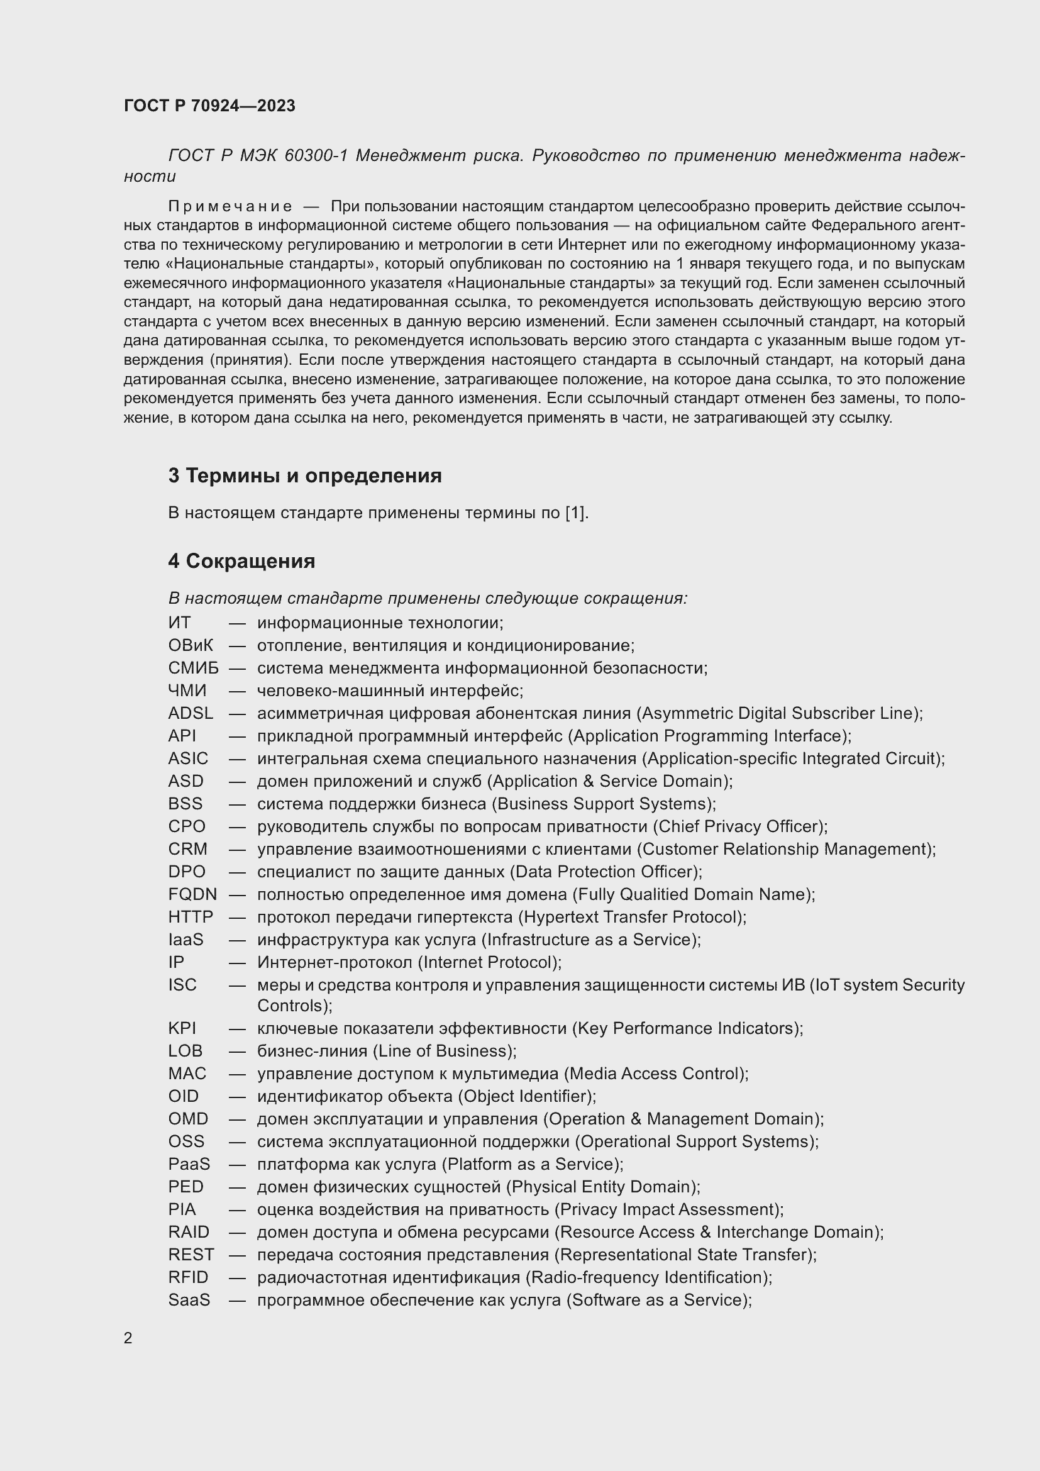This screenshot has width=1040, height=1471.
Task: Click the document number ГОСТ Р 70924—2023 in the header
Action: pyautogui.click(x=209, y=106)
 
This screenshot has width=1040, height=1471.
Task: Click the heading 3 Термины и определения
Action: pyautogui.click(x=305, y=475)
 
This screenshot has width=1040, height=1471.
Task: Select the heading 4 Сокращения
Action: pyautogui.click(x=241, y=560)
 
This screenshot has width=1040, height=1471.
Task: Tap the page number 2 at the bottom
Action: pyautogui.click(x=128, y=1338)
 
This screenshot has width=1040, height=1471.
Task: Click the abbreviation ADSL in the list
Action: pyautogui.click(x=190, y=713)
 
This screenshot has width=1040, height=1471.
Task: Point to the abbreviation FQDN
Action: pyautogui.click(x=192, y=894)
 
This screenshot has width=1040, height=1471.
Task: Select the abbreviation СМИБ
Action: pyautogui.click(x=194, y=668)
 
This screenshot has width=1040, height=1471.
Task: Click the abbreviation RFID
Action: pyautogui.click(x=188, y=1277)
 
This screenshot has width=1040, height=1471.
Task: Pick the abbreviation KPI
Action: pyautogui.click(x=182, y=1028)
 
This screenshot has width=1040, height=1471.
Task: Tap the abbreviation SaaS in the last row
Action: pyautogui.click(x=189, y=1299)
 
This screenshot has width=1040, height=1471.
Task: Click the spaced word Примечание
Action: pyautogui.click(x=230, y=206)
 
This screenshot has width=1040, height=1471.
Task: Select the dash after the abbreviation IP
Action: pyautogui.click(x=238, y=962)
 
